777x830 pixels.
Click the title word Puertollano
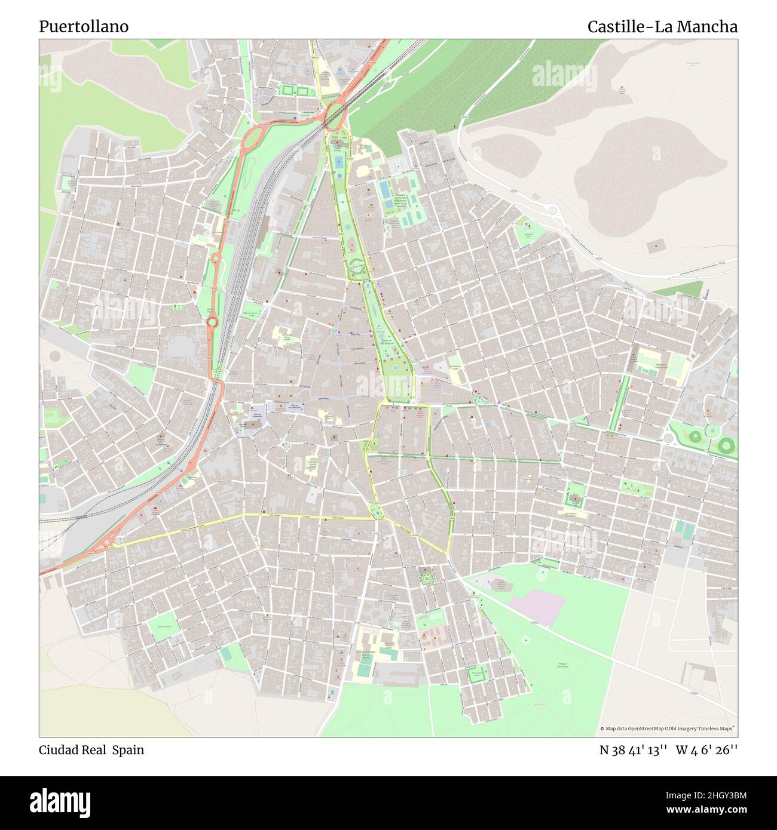[84, 27]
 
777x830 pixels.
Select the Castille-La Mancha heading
[662, 27]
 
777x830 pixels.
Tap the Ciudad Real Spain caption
[91, 750]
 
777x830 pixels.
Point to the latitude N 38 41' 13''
[633, 750]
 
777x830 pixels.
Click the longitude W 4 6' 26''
[706, 750]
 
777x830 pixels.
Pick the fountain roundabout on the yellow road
[377, 511]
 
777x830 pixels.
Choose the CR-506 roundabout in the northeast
[551, 210]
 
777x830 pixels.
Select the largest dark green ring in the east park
[726, 444]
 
